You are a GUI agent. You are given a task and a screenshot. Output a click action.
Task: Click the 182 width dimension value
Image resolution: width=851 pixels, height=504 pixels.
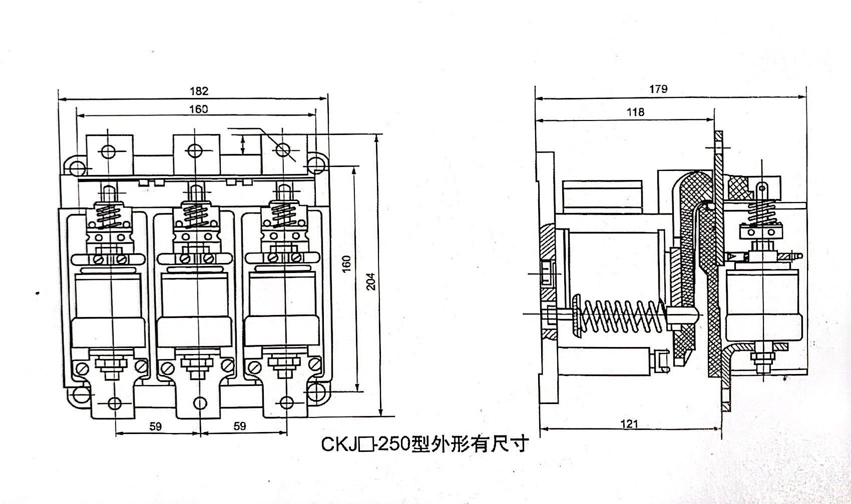click(199, 91)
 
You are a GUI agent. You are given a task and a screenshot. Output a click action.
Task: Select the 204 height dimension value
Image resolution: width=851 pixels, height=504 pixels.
click(371, 284)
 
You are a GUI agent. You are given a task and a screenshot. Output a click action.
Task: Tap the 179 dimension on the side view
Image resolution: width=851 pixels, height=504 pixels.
click(658, 89)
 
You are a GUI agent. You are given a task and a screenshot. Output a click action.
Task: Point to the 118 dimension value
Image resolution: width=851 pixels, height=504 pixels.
click(635, 112)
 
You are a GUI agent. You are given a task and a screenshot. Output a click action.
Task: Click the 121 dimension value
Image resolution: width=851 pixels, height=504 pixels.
click(629, 424)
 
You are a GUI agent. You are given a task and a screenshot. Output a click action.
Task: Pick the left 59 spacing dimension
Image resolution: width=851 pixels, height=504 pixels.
click(156, 426)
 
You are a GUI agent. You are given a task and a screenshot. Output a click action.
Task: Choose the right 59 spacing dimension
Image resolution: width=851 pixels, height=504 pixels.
click(240, 426)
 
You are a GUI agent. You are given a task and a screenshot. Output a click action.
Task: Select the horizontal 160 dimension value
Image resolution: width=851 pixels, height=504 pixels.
click(198, 108)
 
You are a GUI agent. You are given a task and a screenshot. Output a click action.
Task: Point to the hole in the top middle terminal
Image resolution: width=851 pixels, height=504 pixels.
click(195, 150)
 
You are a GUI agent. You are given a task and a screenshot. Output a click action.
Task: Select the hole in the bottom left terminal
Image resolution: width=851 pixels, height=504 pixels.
click(114, 402)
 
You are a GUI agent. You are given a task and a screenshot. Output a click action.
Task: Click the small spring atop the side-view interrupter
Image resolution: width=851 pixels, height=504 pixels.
click(760, 213)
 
